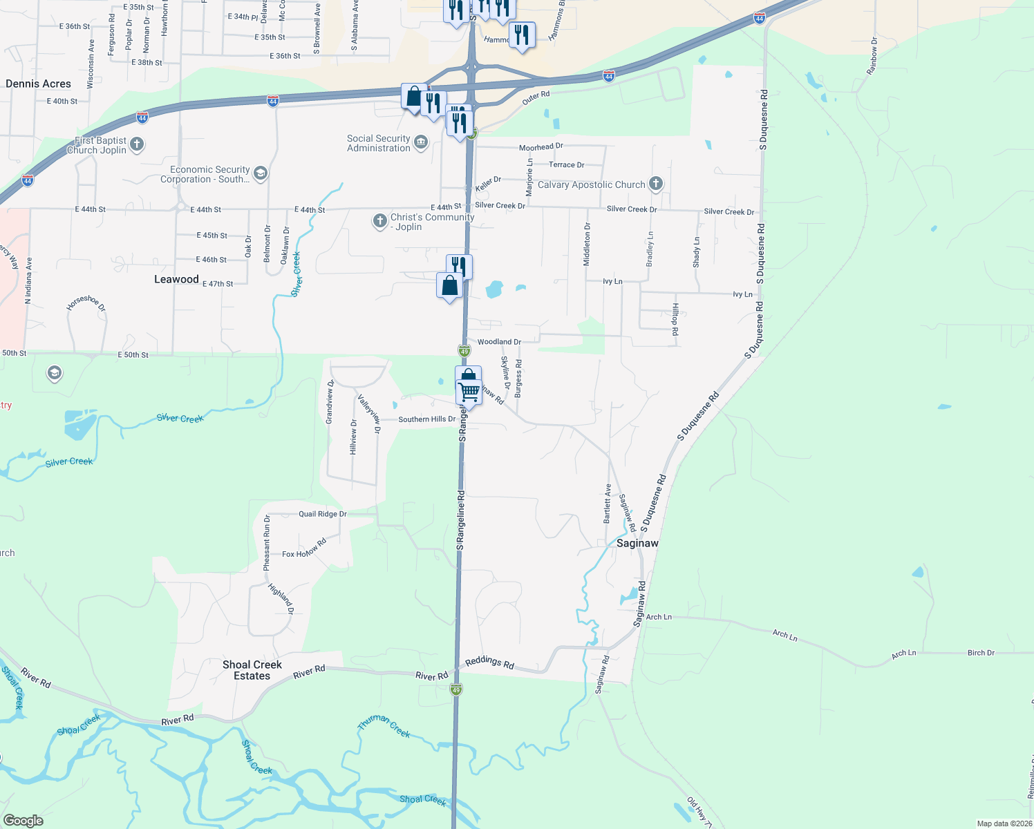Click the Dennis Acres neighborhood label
pos(38,84)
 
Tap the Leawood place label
pos(176,279)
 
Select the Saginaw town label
pos(637,543)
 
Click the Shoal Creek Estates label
pos(252,670)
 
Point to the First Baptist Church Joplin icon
pos(137,144)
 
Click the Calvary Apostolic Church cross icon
pos(656,184)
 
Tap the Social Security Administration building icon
pos(421,143)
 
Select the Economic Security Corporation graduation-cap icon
pos(261,173)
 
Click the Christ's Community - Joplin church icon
pos(379,221)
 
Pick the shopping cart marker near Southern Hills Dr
pos(469,391)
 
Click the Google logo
pos(23,820)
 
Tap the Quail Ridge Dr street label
pos(323,514)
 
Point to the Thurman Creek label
pos(384,726)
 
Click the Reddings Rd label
pos(489,663)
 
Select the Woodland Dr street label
pos(499,342)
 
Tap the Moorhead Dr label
pos(541,147)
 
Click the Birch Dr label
pos(981,653)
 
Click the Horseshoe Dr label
pos(86,303)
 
